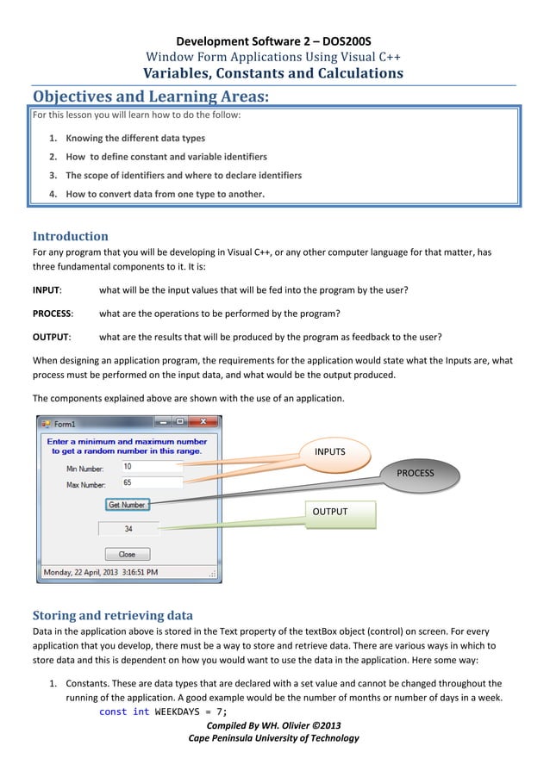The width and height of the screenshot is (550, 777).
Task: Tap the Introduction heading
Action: [x=70, y=236]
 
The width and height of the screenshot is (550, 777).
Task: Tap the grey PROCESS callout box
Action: [x=415, y=473]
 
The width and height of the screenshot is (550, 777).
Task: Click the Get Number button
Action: [x=127, y=505]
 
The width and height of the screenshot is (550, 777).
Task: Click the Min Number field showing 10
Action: [x=151, y=467]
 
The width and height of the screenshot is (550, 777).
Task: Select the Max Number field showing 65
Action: [x=151, y=483]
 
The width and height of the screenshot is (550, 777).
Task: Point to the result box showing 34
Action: [x=128, y=529]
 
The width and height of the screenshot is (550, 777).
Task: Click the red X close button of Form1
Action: [x=203, y=422]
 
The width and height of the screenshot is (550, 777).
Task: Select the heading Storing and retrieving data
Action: [x=113, y=615]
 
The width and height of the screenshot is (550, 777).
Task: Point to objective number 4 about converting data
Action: [x=165, y=194]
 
